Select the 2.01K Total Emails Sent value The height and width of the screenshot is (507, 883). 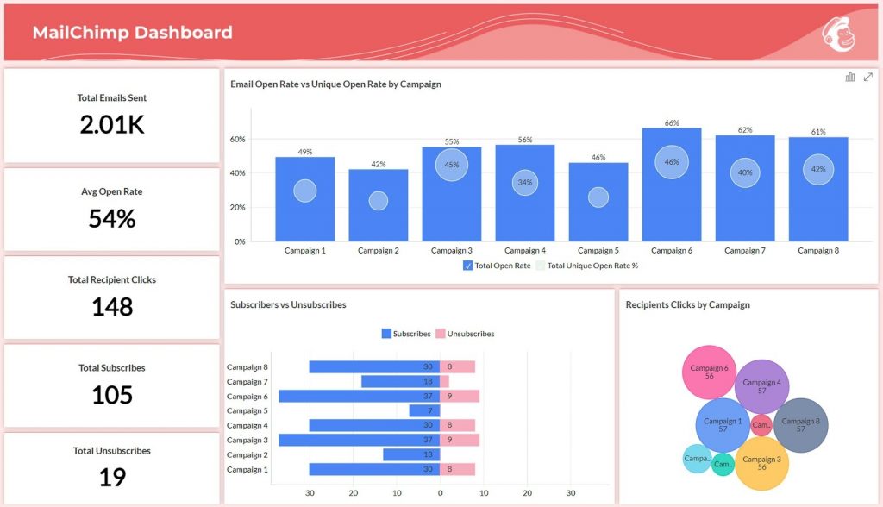tap(112, 125)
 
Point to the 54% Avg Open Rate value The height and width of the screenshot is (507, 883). tap(112, 219)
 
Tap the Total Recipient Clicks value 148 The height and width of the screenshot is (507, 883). tap(112, 307)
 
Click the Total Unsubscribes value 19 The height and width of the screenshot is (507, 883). tap(112, 478)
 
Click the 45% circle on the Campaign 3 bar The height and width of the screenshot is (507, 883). tap(452, 165)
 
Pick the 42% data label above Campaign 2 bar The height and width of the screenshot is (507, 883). tap(379, 164)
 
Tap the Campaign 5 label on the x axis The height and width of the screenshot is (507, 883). tap(598, 251)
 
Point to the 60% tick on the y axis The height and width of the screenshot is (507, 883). tap(237, 139)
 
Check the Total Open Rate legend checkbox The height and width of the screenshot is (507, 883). tap(468, 266)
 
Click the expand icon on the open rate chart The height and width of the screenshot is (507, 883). tap(867, 78)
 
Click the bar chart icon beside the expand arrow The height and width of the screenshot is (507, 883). tap(850, 78)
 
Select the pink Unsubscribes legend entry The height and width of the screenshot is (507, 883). tap(465, 334)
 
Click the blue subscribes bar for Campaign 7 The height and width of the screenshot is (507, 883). tap(400, 381)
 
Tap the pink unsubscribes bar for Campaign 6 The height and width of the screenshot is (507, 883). tap(460, 396)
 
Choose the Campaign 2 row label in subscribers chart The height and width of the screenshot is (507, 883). tap(247, 454)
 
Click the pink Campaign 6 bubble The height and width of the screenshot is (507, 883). tap(709, 371)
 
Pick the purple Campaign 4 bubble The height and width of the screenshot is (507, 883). tap(761, 386)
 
